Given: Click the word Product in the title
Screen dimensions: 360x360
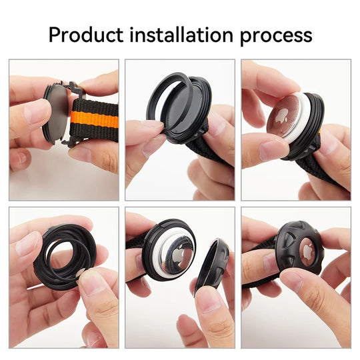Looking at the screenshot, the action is click(86, 35).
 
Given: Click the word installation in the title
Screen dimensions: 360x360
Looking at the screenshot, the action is click(181, 35).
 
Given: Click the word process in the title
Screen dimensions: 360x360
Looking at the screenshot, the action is click(276, 37).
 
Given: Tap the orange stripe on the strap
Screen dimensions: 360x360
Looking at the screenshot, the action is click(95, 119).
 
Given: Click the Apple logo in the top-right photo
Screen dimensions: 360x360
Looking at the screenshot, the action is click(282, 115).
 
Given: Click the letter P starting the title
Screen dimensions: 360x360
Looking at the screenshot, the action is click(54, 35).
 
